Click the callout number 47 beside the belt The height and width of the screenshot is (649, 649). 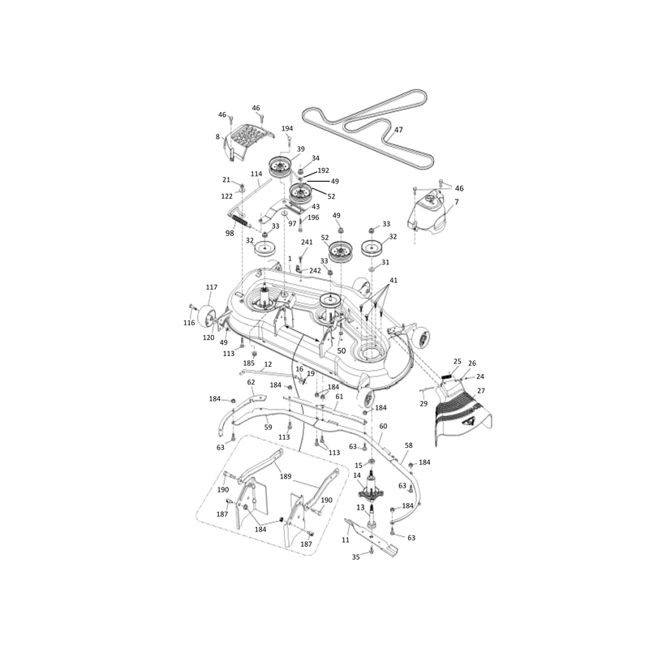click(x=398, y=130)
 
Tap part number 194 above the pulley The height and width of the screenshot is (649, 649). click(x=287, y=129)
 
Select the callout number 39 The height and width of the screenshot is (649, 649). click(x=301, y=149)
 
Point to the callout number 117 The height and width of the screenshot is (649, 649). click(x=211, y=287)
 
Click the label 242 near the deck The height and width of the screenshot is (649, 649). click(x=315, y=271)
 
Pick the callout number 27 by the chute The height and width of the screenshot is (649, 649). click(x=480, y=390)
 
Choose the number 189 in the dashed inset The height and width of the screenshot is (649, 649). click(x=286, y=476)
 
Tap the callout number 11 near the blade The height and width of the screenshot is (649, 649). click(x=346, y=539)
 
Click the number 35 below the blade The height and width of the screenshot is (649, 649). click(x=356, y=557)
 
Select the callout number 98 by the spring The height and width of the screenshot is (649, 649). click(x=230, y=233)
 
